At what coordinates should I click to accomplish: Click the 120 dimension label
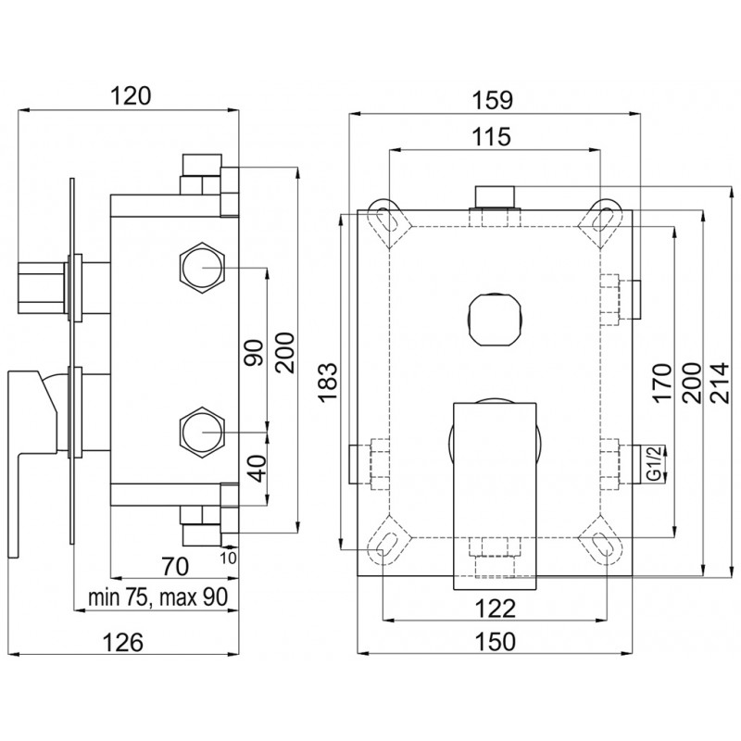coord(131,96)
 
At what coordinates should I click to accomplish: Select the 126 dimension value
coord(123,643)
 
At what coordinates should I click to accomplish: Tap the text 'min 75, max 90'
coord(157,597)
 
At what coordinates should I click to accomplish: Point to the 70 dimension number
coord(175,566)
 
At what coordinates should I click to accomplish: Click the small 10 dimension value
coord(228,558)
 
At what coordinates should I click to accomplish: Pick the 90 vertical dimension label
coord(254,353)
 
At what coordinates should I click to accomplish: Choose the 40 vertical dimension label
coord(257,469)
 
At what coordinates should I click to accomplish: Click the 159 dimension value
coord(493,100)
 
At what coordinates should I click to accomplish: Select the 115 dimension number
coord(492,136)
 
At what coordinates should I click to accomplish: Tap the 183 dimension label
coord(328,383)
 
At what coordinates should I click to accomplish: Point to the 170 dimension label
coord(661,382)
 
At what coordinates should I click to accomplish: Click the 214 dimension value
coord(721,383)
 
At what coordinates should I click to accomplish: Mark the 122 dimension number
coord(495,609)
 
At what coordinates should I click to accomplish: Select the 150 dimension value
coord(496,642)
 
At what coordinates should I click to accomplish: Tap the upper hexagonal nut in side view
coord(203,268)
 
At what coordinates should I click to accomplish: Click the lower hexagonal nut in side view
coord(203,432)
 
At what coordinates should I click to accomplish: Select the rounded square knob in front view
coord(495,320)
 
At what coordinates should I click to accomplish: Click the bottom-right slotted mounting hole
coord(605,546)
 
